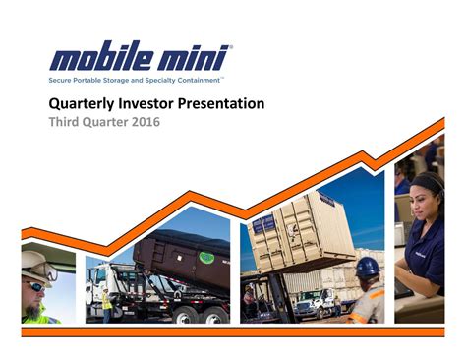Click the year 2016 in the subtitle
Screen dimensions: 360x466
click(x=140, y=123)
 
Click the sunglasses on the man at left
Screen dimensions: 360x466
click(x=35, y=284)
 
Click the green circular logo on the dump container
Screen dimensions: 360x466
click(x=206, y=257)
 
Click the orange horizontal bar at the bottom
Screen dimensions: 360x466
click(x=233, y=332)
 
